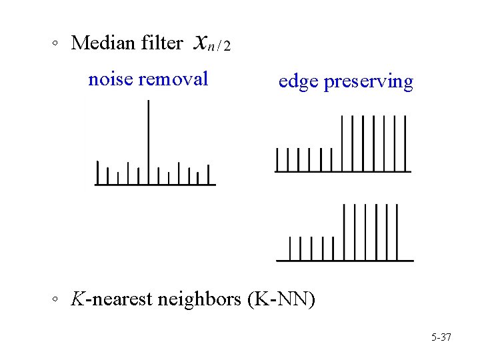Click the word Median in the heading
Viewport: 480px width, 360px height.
pyautogui.click(x=104, y=43)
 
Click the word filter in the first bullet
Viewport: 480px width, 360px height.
pyautogui.click(x=162, y=43)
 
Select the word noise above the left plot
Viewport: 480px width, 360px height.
pyautogui.click(x=110, y=79)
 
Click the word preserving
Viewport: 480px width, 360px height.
pyautogui.click(x=368, y=82)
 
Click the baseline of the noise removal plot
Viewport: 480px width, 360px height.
pyautogui.click(x=155, y=185)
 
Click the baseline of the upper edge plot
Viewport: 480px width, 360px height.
pyautogui.click(x=343, y=171)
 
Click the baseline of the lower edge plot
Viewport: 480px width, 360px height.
pyautogui.click(x=345, y=259)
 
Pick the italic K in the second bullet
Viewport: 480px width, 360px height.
pyautogui.click(x=78, y=299)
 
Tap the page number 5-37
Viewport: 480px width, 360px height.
pyautogui.click(x=441, y=337)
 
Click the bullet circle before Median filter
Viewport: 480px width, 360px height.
pyautogui.click(x=57, y=45)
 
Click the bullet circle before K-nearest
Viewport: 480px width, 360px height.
pyautogui.click(x=57, y=301)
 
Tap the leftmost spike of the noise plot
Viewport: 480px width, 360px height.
pyautogui.click(x=98, y=172)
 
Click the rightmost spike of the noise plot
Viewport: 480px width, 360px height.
pyautogui.click(x=208, y=174)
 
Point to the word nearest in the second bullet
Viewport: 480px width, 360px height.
pyautogui.click(x=123, y=299)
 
